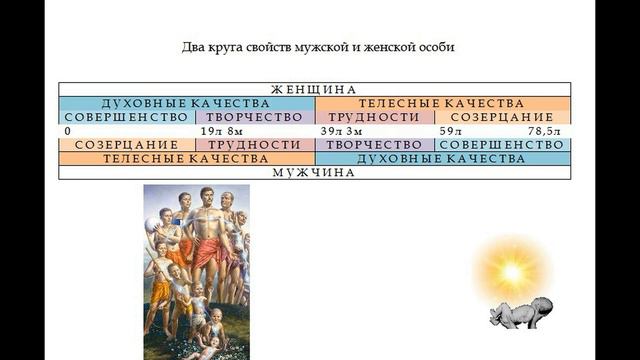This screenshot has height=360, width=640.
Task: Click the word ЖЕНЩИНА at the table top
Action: [x=315, y=89]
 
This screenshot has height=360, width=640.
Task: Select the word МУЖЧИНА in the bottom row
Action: [x=315, y=172]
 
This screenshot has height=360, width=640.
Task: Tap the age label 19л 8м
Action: [x=221, y=131]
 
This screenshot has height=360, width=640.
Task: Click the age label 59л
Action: [x=451, y=131]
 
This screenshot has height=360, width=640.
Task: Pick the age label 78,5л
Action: [x=549, y=131]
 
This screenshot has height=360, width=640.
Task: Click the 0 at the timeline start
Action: [x=66, y=131]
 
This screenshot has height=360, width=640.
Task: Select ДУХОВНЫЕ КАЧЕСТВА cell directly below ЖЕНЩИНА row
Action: [x=187, y=103]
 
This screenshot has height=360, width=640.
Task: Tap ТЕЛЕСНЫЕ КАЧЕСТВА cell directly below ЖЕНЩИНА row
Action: [x=443, y=103]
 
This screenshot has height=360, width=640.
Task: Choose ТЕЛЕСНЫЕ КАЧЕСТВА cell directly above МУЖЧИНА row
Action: [x=187, y=158]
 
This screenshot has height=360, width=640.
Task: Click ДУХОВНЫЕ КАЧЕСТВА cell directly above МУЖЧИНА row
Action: [x=443, y=158]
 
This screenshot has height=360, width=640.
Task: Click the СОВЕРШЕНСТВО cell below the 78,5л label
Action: [x=503, y=145]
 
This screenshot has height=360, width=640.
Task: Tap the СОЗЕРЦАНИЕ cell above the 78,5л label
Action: [x=503, y=117]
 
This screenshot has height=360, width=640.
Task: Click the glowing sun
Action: [x=512, y=271]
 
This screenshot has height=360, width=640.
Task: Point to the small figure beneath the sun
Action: [x=516, y=315]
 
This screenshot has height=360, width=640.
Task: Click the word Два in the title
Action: [x=193, y=47]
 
